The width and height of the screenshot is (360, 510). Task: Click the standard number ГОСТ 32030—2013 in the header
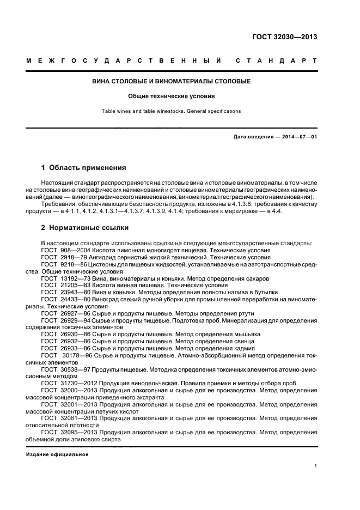pos(284,38)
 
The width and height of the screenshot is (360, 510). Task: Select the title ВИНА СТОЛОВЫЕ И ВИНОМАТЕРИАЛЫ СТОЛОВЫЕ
pos(172,81)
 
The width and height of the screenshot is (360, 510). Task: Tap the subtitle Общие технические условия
pos(172,96)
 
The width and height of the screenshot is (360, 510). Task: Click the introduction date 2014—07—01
pos(298,137)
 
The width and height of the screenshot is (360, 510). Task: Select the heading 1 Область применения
pos(84,168)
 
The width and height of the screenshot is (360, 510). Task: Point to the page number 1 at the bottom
pos(316,466)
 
